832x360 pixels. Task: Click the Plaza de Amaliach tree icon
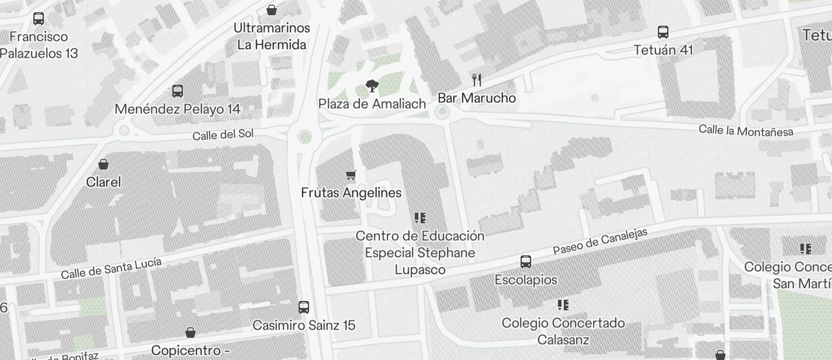point(371,86)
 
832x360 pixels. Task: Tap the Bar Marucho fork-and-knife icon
point(477,80)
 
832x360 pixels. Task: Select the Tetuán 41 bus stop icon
point(663,32)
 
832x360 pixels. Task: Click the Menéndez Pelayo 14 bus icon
point(178,91)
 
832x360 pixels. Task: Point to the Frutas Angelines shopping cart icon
point(351,175)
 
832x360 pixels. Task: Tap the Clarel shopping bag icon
point(103,164)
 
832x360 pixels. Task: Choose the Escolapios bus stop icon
point(526,262)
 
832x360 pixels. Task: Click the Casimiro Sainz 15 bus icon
point(304,307)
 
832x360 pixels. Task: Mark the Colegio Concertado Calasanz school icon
point(563,305)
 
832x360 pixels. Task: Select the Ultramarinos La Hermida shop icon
point(272,10)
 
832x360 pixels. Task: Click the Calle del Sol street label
point(223,134)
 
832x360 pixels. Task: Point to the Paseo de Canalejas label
point(600,242)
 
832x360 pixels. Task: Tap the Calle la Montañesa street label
point(746,131)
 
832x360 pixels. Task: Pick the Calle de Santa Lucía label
point(111,268)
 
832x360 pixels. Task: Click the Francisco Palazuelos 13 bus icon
point(39,19)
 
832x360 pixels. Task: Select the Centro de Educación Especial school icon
point(420,218)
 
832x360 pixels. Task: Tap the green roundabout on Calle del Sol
point(304,137)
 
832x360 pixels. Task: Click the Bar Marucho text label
point(477,98)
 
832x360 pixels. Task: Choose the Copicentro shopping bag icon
point(190,333)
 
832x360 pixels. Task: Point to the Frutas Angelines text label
point(351,193)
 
